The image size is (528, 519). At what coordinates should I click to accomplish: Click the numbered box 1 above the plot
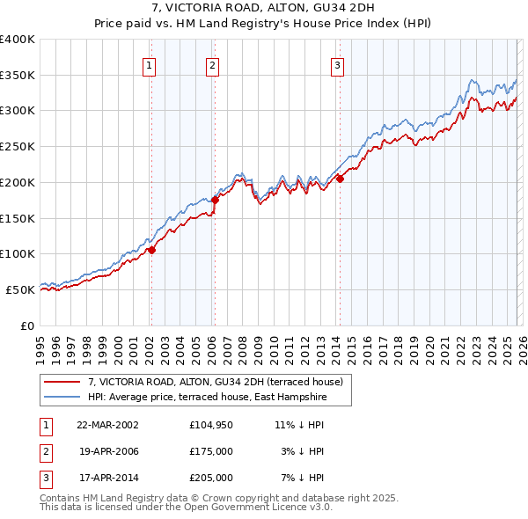pos(150,64)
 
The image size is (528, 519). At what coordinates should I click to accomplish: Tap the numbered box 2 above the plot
pos(213,64)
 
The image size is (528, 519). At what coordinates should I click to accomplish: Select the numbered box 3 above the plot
pos(338,64)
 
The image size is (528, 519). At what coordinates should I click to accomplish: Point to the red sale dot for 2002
pos(151,250)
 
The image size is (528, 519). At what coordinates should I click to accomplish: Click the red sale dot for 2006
pos(214,200)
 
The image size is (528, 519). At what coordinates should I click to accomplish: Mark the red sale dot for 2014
pos(339,179)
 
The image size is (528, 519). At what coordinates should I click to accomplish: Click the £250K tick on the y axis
pos(18,147)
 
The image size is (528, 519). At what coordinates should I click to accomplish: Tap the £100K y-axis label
pos(18,254)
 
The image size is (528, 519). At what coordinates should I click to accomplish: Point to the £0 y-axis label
pos(26,325)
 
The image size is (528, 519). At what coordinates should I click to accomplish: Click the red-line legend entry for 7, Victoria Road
pos(220,382)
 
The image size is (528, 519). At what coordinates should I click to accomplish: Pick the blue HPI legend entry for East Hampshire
pos(207,398)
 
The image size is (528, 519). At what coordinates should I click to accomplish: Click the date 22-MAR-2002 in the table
pos(107,424)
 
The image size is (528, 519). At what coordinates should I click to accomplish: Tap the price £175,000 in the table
pos(210,450)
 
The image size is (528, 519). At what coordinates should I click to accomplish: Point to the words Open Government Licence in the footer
pos(254,508)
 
